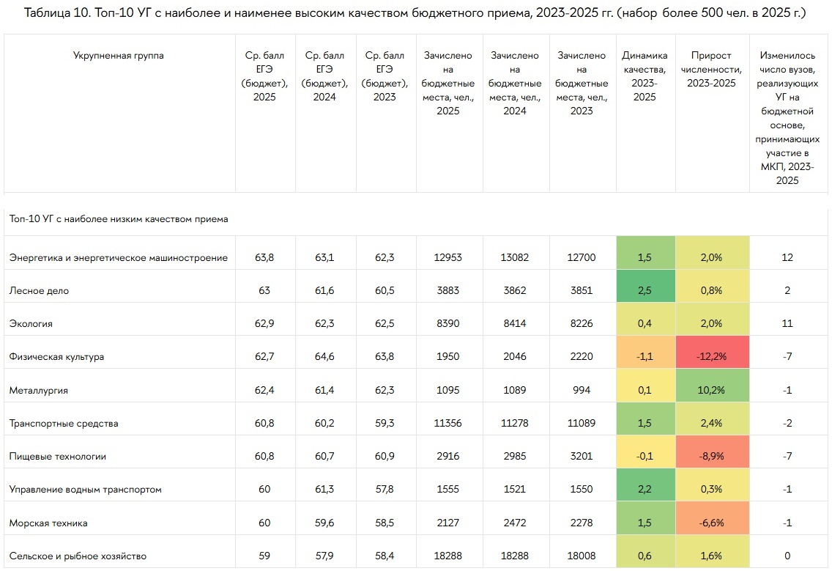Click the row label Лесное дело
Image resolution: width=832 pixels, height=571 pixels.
[x=39, y=291]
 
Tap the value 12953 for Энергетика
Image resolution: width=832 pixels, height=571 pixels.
[x=447, y=258]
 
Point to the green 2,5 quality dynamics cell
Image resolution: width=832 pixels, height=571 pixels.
[x=645, y=291]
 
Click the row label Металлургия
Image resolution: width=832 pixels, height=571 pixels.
[x=38, y=391]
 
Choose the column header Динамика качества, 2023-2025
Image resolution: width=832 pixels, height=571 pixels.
[x=645, y=76]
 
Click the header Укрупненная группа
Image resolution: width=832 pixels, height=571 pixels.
[x=119, y=56]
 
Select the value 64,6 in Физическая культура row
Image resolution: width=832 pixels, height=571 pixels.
[x=324, y=357]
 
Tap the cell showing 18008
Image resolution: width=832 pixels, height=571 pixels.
[x=582, y=556]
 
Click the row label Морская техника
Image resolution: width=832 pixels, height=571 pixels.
[x=48, y=523]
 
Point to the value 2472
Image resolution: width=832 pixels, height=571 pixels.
[x=514, y=523]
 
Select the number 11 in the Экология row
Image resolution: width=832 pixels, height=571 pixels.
[x=787, y=324]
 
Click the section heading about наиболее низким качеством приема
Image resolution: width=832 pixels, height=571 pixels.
[x=119, y=219]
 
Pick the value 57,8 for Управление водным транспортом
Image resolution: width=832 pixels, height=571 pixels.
[x=384, y=490]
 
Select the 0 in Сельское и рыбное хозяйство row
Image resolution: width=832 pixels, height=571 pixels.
[x=787, y=556]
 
